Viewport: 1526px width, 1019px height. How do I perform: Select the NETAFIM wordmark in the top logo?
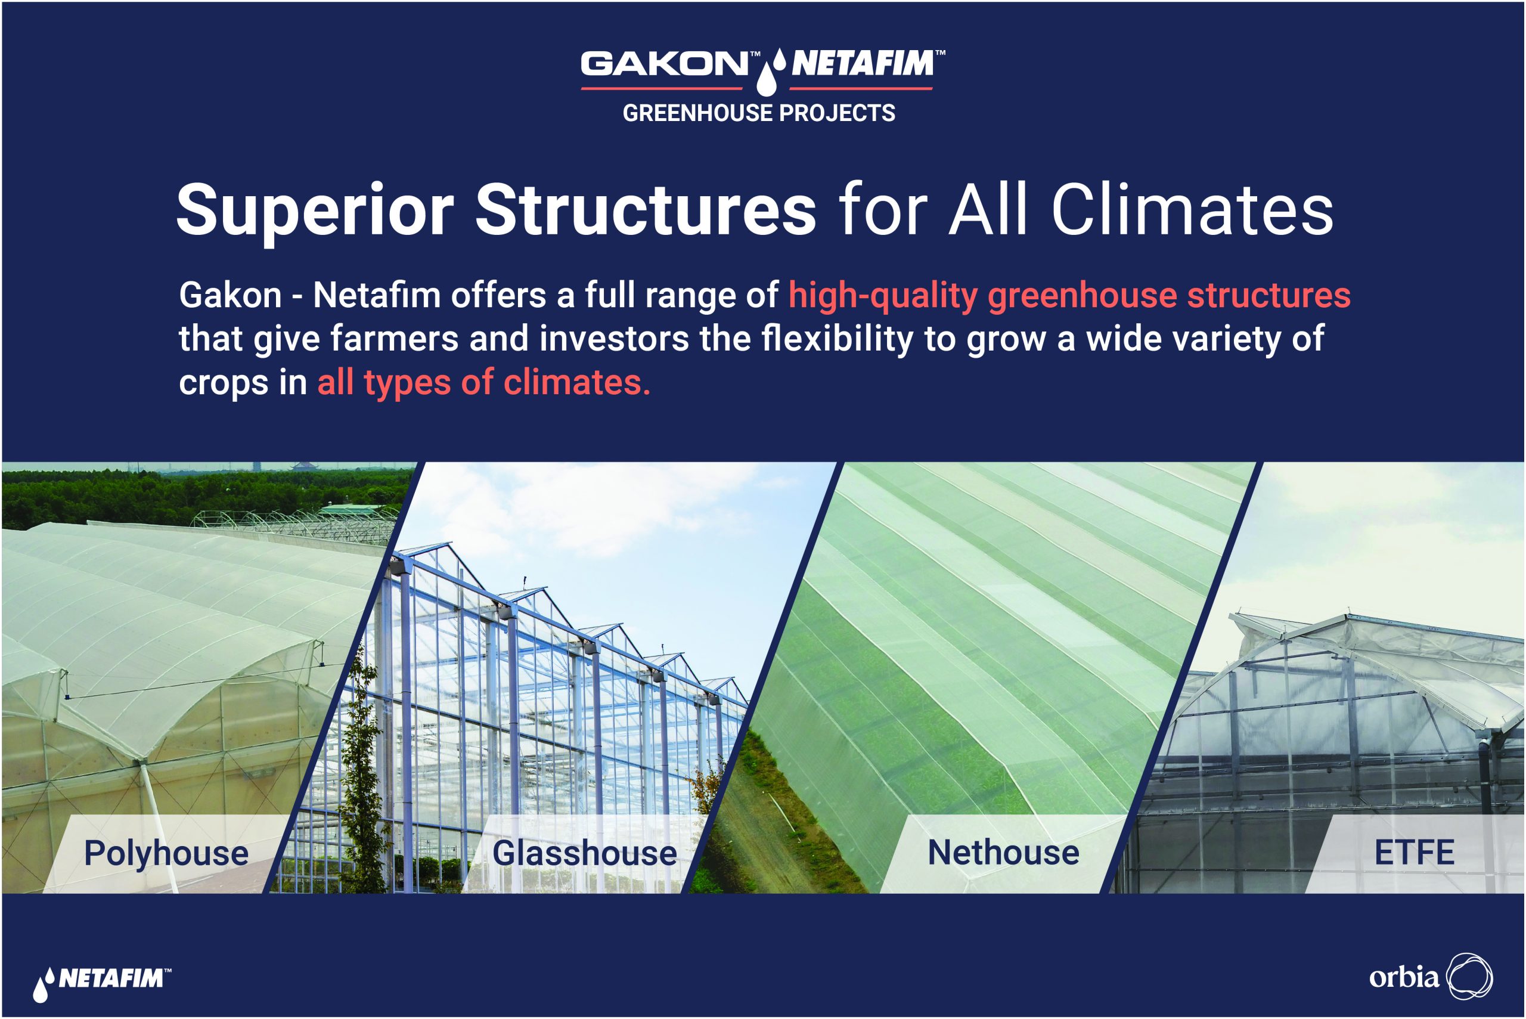click(862, 64)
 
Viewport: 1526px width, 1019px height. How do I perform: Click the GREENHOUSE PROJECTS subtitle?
click(758, 113)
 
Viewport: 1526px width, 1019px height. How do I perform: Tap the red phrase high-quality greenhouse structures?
click(1069, 296)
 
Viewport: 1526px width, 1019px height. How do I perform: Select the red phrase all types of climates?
click(484, 382)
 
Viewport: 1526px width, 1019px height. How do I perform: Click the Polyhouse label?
click(166, 853)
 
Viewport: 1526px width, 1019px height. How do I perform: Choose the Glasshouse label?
click(585, 853)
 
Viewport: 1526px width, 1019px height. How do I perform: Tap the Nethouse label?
click(1003, 853)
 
